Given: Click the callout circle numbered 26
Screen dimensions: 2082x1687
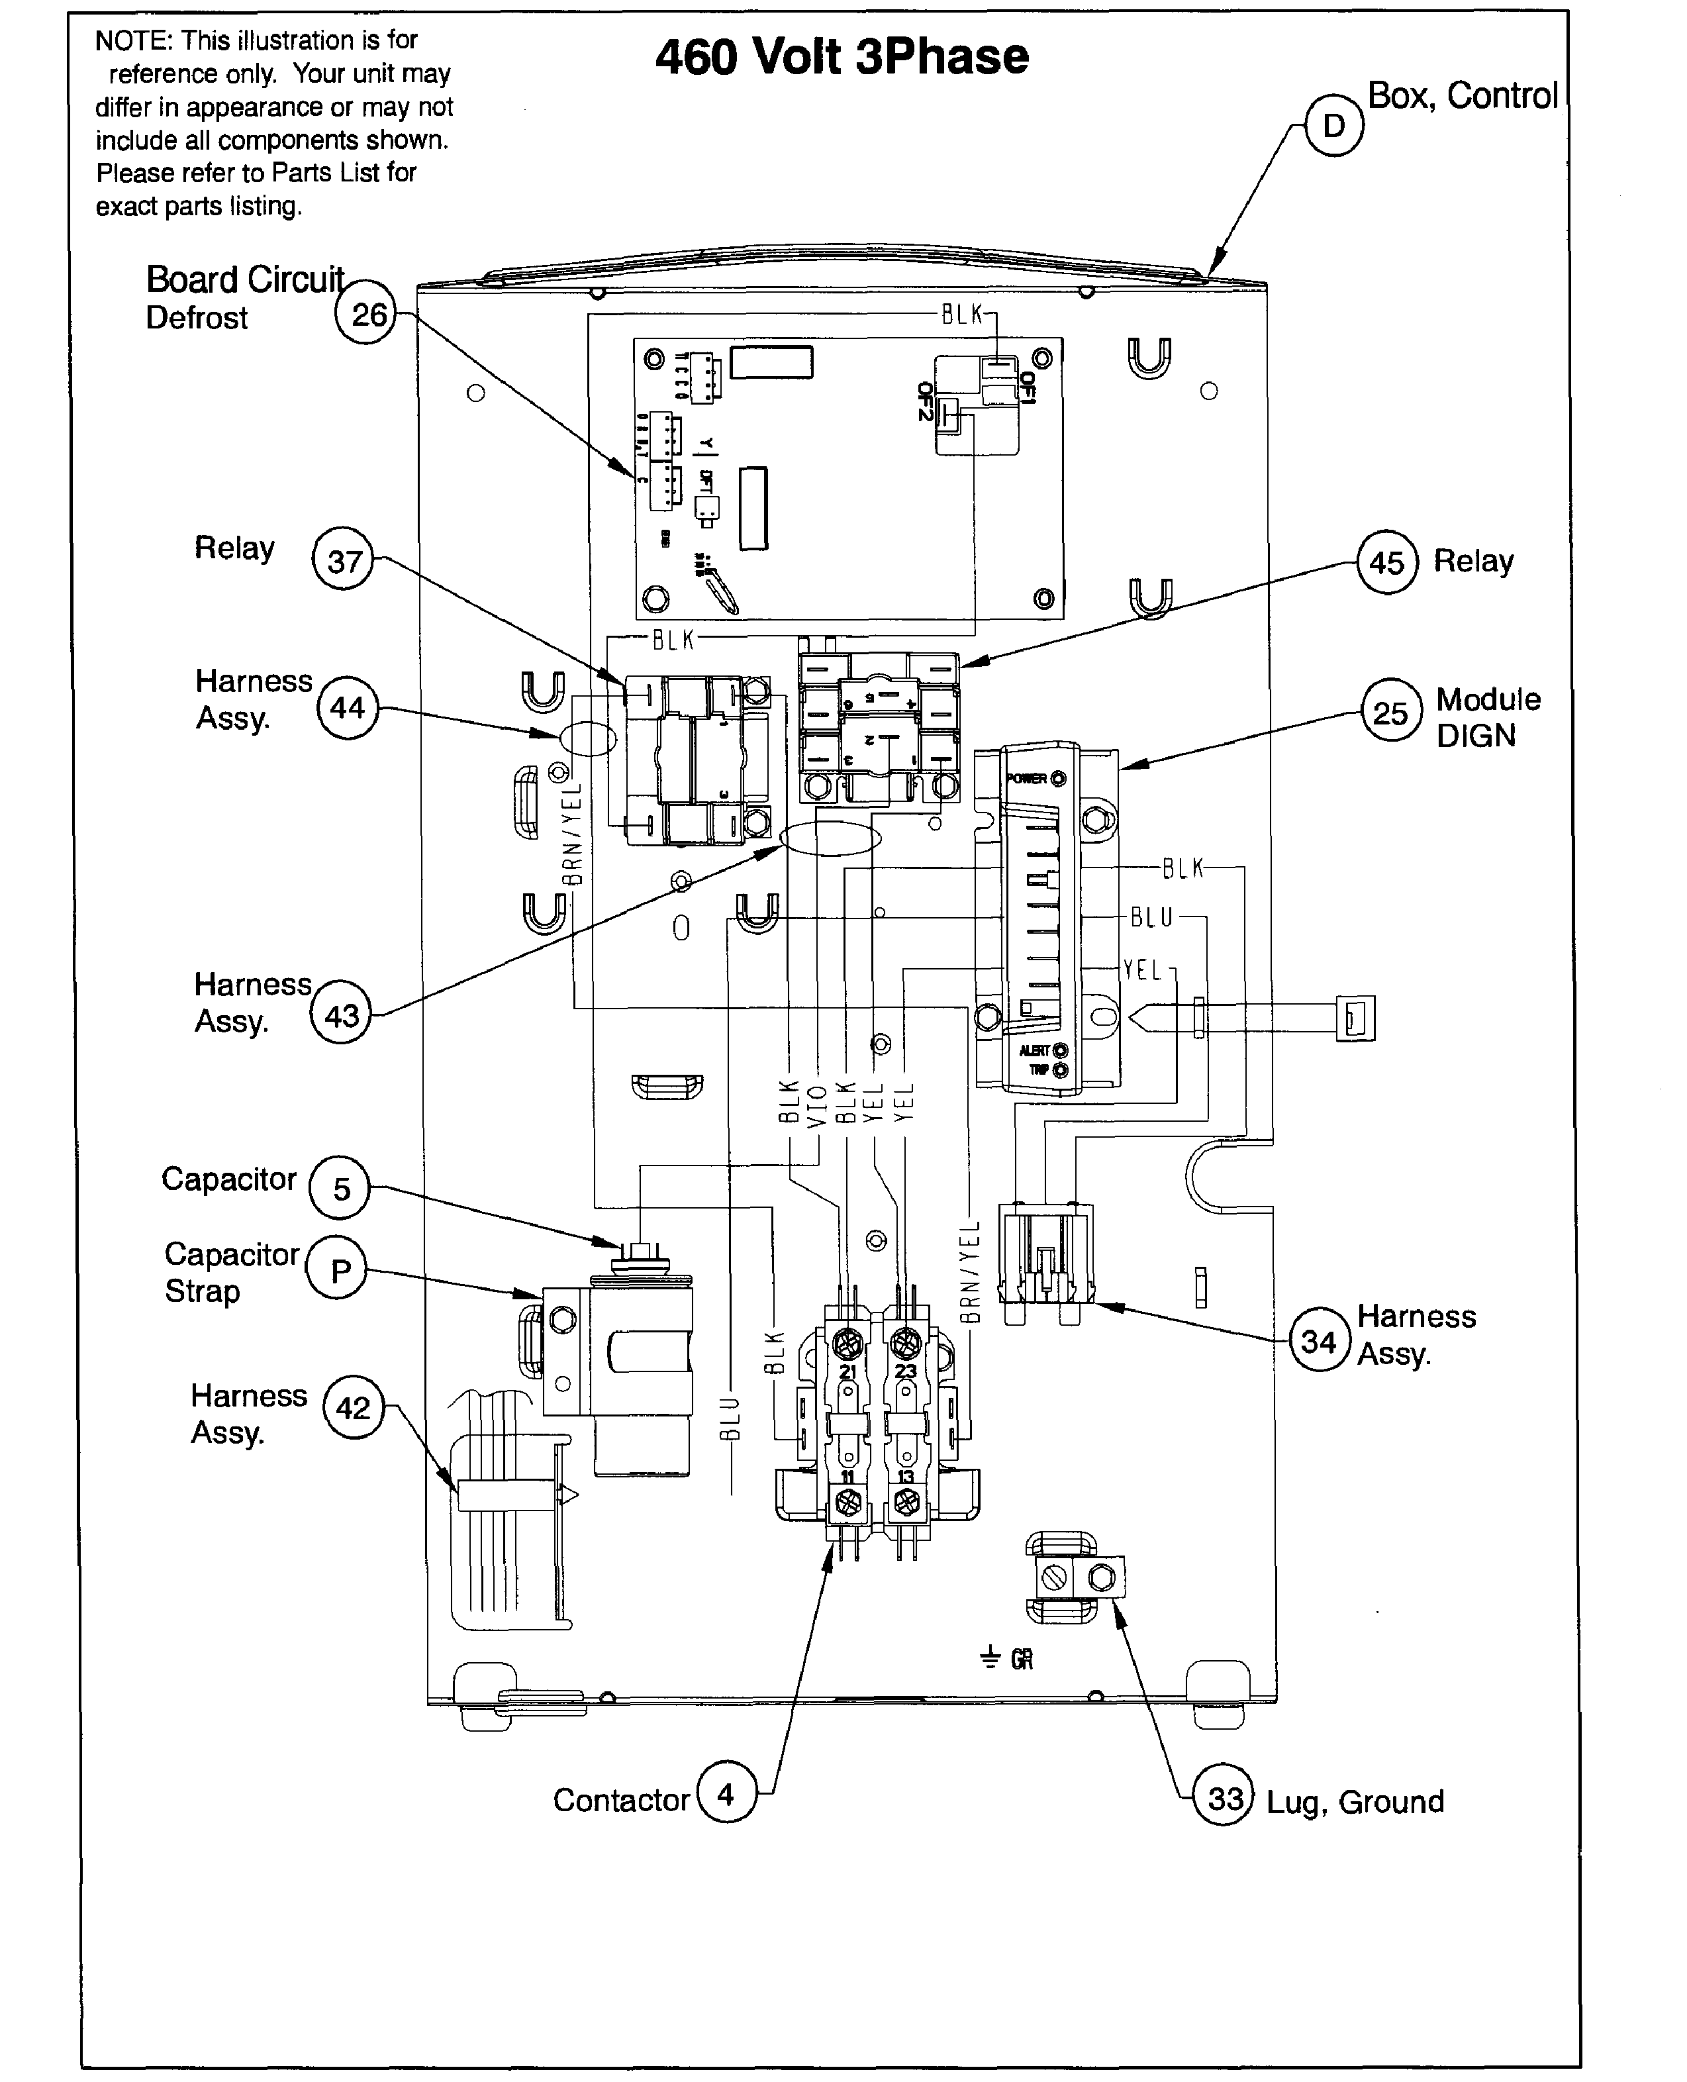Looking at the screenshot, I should point(366,314).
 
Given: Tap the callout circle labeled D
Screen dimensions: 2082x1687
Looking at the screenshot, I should point(1333,125).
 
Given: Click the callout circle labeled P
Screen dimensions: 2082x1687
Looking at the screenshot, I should point(336,1270).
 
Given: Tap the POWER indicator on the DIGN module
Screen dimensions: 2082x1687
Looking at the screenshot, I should point(1058,779).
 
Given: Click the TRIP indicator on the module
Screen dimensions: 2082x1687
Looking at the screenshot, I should point(1060,1070).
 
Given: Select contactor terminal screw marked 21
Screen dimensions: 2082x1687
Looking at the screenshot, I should point(847,1345).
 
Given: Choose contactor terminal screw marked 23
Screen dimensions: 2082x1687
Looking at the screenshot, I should point(906,1345).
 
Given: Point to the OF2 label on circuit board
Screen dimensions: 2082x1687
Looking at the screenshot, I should point(925,401).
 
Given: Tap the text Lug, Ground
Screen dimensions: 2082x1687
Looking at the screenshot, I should point(1355,1802).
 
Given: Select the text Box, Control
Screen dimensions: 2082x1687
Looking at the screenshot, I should point(1463,95).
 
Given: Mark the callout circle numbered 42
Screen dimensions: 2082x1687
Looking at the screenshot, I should point(353,1407).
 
